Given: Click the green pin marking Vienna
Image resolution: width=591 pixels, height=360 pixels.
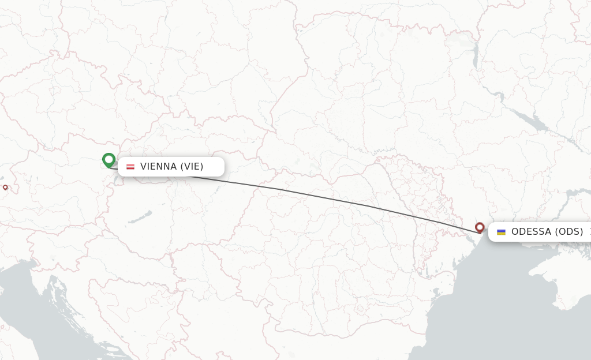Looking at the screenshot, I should (109, 160).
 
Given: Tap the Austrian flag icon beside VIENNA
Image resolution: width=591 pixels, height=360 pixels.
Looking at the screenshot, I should (130, 167).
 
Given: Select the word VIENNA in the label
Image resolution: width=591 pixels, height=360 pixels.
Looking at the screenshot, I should (158, 167).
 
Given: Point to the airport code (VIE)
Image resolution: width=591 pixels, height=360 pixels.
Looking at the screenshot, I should (192, 167).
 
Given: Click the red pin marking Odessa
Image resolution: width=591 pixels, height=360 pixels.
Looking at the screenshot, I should (480, 227).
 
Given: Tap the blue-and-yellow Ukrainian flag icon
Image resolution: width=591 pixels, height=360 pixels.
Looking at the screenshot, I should (501, 232).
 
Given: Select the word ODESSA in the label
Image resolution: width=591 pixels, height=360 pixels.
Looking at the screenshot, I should (531, 232).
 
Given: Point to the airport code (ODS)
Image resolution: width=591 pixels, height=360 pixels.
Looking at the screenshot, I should (569, 232).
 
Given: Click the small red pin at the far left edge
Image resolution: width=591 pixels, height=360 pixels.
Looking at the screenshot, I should (5, 187).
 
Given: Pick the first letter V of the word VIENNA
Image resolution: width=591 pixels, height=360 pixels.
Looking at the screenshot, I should (144, 167).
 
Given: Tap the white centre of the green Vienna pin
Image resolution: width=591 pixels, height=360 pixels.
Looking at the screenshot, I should (109, 159).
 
